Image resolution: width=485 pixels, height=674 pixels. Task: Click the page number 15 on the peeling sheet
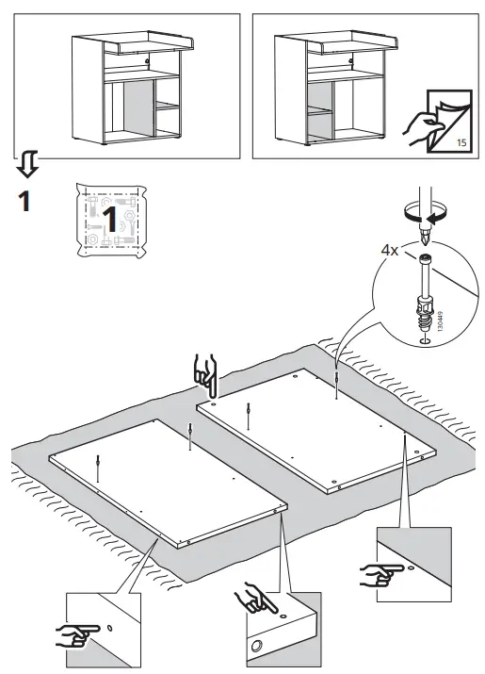click(461, 142)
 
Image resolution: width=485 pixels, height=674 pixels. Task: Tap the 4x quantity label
click(390, 250)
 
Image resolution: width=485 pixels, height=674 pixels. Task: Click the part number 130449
click(439, 322)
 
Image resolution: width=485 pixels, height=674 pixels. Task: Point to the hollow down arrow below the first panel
click(28, 164)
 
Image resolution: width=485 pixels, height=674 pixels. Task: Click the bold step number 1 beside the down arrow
click(24, 202)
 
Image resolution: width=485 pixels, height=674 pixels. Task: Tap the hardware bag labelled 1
click(111, 221)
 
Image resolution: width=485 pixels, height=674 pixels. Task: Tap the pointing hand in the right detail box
click(380, 575)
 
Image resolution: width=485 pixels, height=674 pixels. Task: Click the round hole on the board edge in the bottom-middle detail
click(257, 645)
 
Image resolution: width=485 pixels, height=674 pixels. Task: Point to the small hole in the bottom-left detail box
click(109, 628)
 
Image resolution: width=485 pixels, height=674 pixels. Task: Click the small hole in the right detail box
click(412, 568)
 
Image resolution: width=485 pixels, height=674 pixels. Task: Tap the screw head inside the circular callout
click(424, 259)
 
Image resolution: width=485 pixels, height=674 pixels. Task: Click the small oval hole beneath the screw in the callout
click(425, 341)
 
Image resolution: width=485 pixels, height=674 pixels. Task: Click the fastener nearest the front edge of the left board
click(99, 468)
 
